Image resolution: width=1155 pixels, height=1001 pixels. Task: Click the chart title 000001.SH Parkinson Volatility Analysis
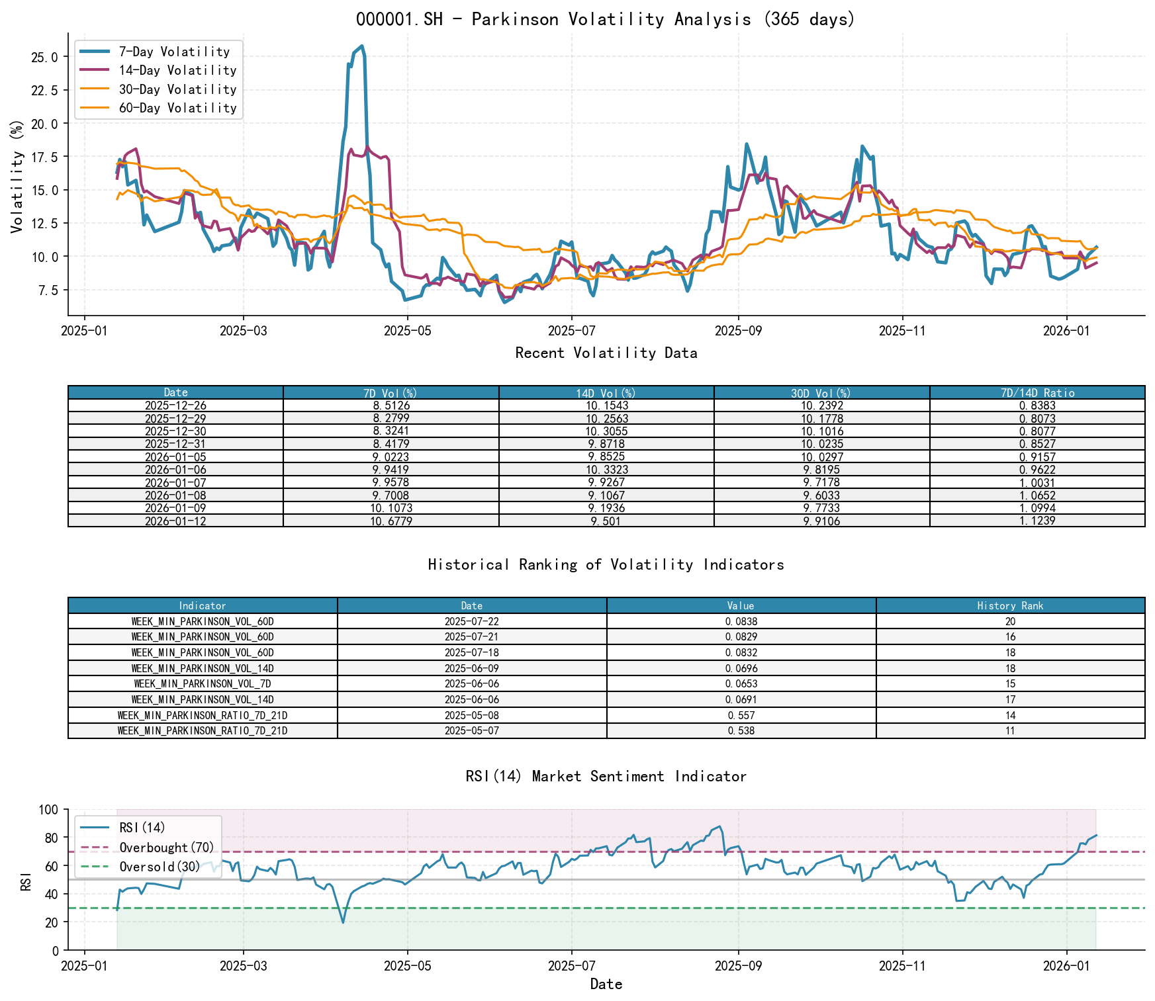(606, 19)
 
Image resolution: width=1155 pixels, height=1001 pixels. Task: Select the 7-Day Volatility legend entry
(174, 52)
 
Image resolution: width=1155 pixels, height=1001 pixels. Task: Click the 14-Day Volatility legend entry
(177, 70)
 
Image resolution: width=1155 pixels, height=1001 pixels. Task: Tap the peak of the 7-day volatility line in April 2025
(361, 46)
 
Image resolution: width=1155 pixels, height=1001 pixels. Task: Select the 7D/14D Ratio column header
(1037, 393)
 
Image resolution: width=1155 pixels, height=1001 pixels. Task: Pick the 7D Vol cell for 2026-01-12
(391, 521)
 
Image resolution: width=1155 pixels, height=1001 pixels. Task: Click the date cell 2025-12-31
(175, 444)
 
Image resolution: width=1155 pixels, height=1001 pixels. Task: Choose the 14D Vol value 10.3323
(606, 470)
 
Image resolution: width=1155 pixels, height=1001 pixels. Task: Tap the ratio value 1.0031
(1037, 483)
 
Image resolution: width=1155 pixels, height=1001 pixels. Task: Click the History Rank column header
(1009, 605)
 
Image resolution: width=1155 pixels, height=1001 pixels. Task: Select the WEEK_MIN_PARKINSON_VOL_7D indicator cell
(202, 684)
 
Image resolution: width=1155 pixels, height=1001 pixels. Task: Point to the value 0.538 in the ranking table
(741, 731)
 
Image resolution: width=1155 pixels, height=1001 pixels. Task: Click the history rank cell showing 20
(1009, 622)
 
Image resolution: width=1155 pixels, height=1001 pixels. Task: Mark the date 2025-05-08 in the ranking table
(471, 715)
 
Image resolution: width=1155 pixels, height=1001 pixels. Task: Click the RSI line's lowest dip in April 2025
(343, 922)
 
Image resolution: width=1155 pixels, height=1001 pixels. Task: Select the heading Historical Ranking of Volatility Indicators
(606, 564)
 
